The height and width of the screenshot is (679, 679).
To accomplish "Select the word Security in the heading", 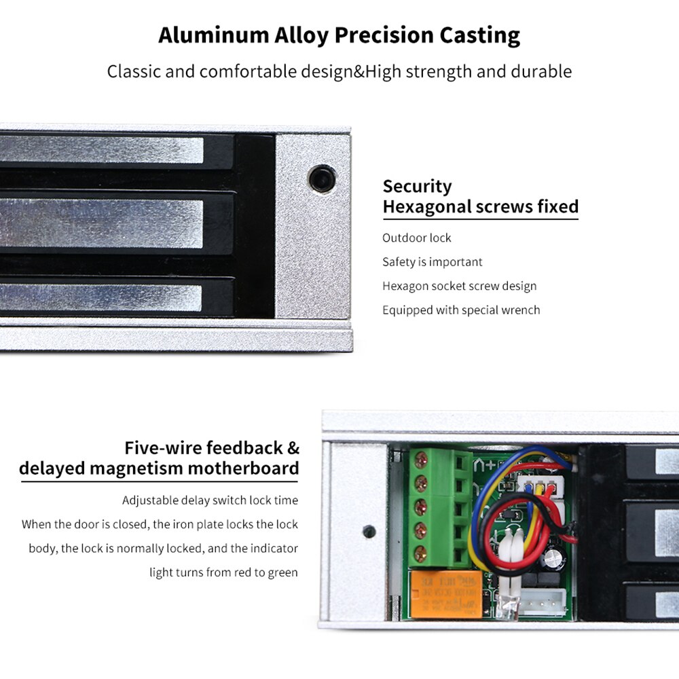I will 417,187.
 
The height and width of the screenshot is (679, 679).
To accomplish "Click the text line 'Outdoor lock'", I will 416,238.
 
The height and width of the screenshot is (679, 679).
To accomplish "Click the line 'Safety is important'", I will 432,262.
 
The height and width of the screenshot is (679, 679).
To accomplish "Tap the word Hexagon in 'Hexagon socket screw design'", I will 405,286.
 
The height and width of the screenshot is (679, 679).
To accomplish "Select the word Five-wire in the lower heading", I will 163,448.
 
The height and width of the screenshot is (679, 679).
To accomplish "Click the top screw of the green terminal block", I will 422,460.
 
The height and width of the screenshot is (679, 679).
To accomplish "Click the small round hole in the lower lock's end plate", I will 369,531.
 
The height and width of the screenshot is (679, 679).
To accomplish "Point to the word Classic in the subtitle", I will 134,71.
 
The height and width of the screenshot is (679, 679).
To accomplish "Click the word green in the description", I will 282,572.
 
